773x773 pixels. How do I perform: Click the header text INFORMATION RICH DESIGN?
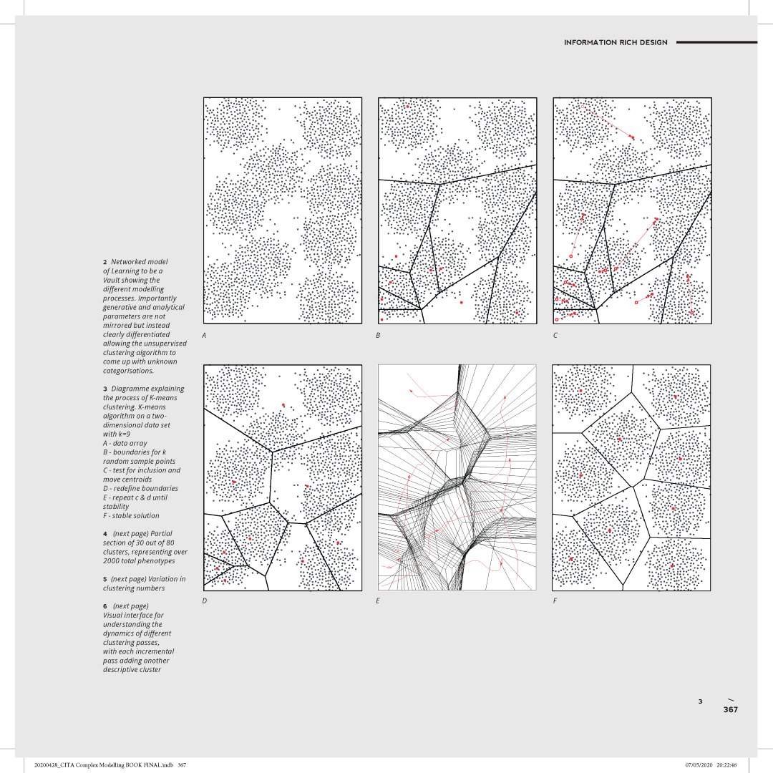click(x=616, y=42)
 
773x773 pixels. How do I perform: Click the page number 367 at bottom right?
click(x=729, y=710)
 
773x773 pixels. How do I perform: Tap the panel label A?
click(x=204, y=335)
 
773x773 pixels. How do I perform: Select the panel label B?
click(x=378, y=335)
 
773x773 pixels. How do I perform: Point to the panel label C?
click(x=555, y=335)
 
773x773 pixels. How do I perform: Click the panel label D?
click(x=204, y=601)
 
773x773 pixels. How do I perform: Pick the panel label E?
click(x=378, y=601)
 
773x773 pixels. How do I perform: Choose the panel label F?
click(x=555, y=601)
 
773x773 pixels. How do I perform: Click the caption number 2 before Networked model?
click(x=104, y=262)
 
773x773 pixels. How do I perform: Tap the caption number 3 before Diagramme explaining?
click(x=104, y=389)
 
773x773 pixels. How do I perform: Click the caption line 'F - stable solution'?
click(x=131, y=515)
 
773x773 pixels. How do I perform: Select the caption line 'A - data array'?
click(x=125, y=443)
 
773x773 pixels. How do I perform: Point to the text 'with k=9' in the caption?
click(x=119, y=434)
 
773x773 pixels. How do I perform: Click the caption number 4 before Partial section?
click(x=104, y=533)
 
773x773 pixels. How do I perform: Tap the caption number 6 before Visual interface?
click(x=104, y=606)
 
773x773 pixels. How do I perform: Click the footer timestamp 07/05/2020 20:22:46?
click(x=711, y=765)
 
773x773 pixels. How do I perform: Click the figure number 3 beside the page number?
click(x=701, y=701)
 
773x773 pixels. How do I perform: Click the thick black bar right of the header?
click(x=716, y=42)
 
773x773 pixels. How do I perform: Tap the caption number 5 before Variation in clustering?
click(x=104, y=579)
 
